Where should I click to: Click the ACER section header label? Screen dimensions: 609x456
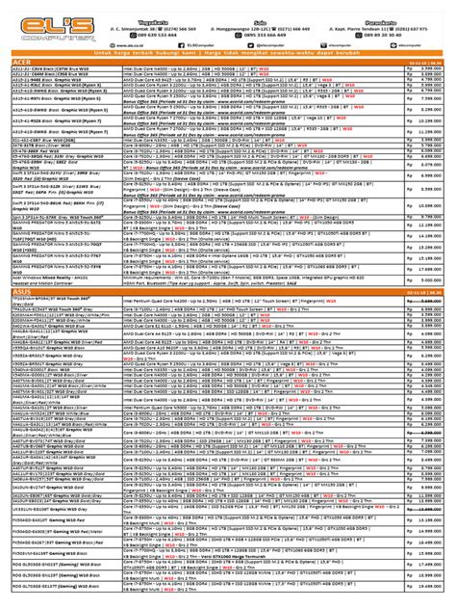[x=21, y=65]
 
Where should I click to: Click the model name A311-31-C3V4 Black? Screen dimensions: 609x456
[x=38, y=71]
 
